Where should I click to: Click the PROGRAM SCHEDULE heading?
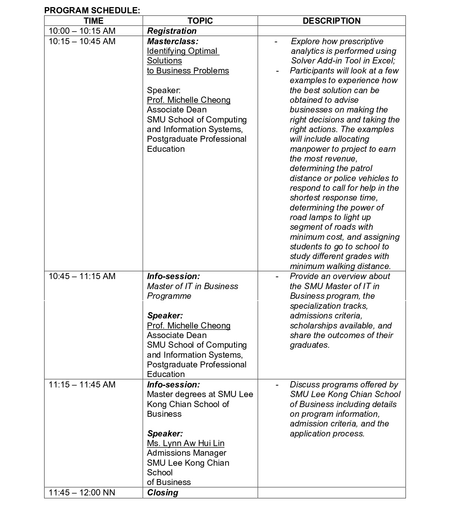click(x=92, y=10)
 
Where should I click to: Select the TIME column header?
click(x=93, y=21)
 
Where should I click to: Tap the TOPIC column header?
click(x=200, y=21)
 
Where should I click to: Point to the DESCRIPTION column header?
click(x=331, y=21)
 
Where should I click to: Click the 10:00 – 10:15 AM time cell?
click(x=82, y=31)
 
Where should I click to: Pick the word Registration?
click(x=172, y=31)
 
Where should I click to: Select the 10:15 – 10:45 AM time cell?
click(x=82, y=41)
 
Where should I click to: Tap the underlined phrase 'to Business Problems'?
click(x=188, y=71)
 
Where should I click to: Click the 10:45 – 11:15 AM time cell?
click(x=82, y=276)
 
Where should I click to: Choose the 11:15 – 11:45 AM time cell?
click(x=82, y=384)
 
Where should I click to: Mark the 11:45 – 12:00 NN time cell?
click(x=82, y=492)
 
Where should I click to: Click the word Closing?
click(x=162, y=492)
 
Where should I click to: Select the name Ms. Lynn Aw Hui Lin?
click(x=185, y=443)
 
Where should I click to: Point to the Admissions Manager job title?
click(x=186, y=453)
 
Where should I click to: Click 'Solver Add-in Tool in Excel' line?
click(x=343, y=61)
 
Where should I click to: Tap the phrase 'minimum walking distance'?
click(x=340, y=266)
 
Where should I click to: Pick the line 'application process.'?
click(x=327, y=433)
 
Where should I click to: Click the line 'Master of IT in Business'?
click(x=192, y=286)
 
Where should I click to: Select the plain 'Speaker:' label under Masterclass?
click(x=164, y=90)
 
